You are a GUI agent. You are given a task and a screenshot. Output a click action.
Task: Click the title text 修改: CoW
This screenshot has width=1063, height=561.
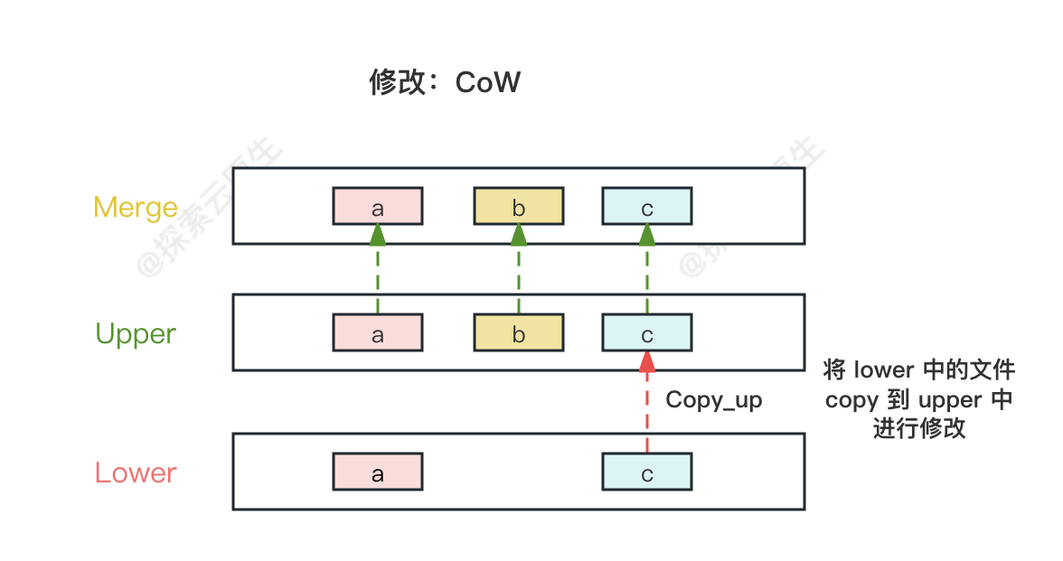coord(445,82)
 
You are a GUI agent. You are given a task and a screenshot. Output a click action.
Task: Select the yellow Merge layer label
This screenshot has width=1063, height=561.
coord(136,208)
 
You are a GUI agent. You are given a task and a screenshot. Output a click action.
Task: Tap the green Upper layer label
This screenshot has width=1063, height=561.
coord(136,334)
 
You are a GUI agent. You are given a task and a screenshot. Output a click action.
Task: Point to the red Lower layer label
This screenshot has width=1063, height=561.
coord(136,472)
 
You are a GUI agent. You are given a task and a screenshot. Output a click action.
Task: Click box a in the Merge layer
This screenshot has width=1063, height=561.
coord(378,207)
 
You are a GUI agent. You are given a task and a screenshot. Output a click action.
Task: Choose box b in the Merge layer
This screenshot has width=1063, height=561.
coord(519,207)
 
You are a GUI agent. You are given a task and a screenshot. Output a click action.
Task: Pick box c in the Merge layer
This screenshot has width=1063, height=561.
coord(647,207)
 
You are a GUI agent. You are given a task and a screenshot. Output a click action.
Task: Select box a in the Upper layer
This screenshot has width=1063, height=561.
coord(378,333)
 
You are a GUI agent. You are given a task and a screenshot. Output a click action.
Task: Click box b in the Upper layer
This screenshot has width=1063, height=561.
coord(519,333)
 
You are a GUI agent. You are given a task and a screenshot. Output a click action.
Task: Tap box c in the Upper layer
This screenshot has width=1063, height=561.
coord(647,333)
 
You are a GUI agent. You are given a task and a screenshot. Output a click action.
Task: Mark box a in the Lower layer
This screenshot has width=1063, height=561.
coord(378,472)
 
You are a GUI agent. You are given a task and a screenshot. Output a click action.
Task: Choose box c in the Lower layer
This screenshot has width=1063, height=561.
coord(647,472)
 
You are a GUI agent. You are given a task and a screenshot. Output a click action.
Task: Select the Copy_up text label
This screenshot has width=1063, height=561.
coord(713,400)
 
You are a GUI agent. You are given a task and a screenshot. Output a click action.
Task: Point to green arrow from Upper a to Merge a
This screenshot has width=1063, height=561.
coord(378,271)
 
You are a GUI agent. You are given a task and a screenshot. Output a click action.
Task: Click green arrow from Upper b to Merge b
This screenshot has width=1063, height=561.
coord(519,271)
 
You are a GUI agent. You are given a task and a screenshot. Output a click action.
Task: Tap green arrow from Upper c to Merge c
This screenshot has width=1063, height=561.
coord(647,271)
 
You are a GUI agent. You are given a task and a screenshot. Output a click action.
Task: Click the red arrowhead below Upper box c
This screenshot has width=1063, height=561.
coord(647,362)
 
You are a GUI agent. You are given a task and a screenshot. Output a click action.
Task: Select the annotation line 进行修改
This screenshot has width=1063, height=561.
coord(918,429)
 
